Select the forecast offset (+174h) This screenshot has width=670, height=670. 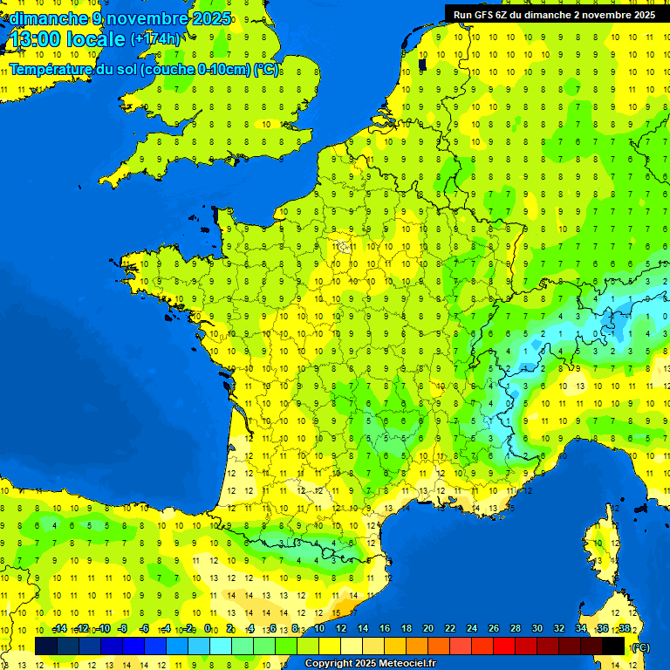coord(155,39)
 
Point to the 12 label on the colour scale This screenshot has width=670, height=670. coord(341,629)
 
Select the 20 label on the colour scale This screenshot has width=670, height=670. coord(428,629)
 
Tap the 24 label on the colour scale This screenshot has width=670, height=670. coord(472,629)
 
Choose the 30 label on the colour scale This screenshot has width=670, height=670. coord(537,629)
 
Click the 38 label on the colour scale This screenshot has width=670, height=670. coord(624,629)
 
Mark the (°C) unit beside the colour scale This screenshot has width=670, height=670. coord(640,646)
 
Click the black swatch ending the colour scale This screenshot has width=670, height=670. coord(613,646)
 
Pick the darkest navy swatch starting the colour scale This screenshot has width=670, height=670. coord(46,646)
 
